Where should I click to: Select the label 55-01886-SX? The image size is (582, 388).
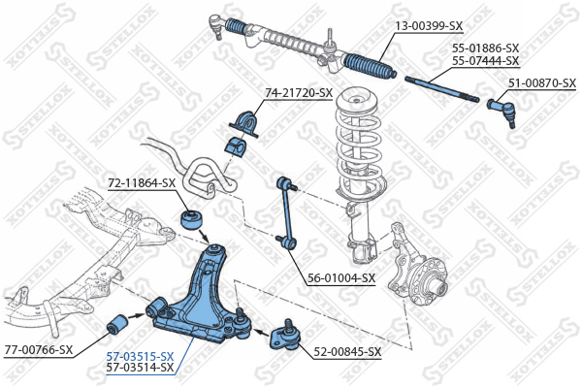tap(486, 48)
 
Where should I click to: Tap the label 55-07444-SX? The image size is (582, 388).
tap(486, 60)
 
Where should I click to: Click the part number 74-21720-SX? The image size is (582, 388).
tap(299, 93)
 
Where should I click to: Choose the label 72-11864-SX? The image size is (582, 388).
tap(142, 182)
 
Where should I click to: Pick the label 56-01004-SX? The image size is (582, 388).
tap(341, 277)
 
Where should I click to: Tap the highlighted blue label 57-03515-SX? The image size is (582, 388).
tap(141, 356)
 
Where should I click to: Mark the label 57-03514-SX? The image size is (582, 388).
tap(141, 368)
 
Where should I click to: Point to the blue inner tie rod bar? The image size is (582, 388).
tap(441, 89)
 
